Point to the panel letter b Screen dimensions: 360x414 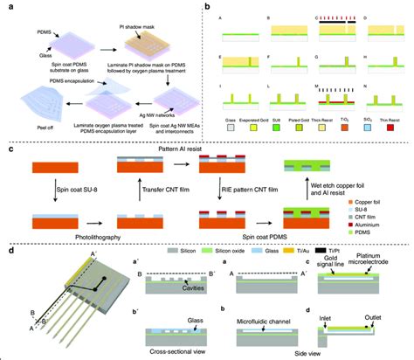207,7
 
